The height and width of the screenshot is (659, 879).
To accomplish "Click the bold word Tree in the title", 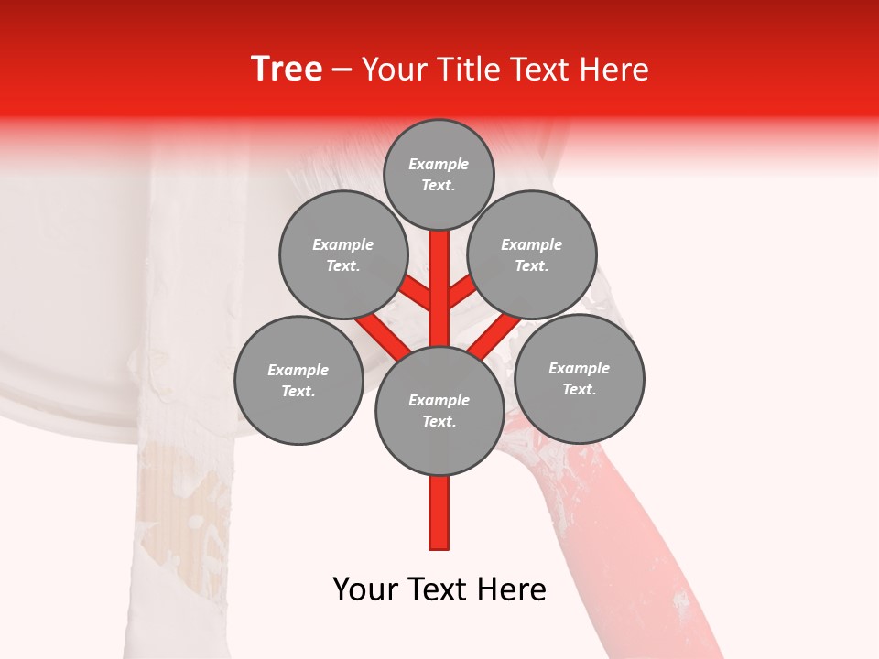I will (287, 70).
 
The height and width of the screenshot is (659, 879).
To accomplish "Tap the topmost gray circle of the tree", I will (439, 174).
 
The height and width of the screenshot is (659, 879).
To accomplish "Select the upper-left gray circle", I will (342, 254).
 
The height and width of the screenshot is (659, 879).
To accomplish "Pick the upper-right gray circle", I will (532, 254).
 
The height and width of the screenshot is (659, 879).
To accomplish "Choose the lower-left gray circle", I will (298, 380).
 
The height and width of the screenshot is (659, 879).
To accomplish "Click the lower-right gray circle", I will (579, 378).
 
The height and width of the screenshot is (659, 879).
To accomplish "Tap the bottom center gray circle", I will (439, 410).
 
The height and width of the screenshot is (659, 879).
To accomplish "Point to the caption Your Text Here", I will (439, 589).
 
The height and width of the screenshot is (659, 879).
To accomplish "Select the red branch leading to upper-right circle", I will (463, 293).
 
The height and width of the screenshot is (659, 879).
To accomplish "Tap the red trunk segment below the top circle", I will (439, 275).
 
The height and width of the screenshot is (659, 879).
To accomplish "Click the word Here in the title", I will (618, 70).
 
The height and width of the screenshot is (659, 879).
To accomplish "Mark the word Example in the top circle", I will (439, 164).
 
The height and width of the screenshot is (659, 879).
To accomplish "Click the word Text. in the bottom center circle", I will (439, 421).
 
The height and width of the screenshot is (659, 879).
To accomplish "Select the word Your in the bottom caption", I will (364, 589).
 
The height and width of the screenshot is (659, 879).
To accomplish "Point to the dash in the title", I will (342, 70).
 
